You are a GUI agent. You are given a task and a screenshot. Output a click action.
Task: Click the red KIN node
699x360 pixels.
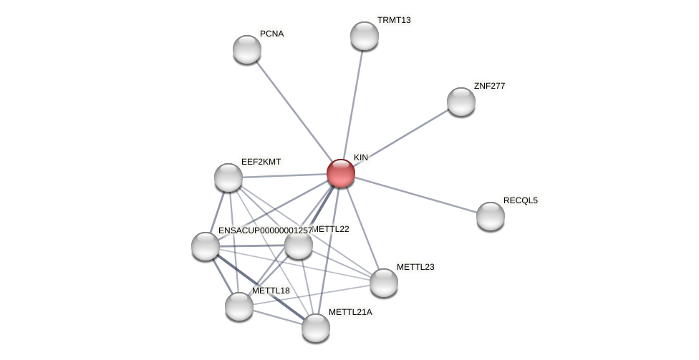(341, 173)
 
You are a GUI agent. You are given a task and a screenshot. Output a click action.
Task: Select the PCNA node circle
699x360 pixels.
(247, 49)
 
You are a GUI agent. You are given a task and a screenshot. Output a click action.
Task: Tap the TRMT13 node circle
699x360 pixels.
(365, 36)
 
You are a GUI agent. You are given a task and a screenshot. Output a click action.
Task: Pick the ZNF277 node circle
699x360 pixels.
(461, 102)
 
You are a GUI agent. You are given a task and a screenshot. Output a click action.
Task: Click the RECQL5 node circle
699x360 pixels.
(491, 216)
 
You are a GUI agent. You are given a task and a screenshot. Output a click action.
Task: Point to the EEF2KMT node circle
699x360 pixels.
(228, 177)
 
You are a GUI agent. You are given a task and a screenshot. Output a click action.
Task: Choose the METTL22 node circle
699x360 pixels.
(299, 245)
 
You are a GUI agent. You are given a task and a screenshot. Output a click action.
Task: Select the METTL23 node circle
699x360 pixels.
(384, 283)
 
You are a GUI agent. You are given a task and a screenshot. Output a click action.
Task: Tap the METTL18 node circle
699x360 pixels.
(239, 306)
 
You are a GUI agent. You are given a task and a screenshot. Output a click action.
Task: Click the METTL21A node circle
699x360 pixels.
(316, 328)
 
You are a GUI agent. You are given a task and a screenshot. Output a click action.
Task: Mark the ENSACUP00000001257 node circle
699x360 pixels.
(206, 246)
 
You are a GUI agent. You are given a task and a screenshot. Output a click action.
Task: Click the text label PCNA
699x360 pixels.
(271, 34)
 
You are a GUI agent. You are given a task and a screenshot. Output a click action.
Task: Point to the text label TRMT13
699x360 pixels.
(394, 20)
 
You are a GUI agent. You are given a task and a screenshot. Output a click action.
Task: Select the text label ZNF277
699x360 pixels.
(489, 86)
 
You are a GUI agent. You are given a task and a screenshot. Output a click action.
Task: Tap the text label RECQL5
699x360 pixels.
(520, 200)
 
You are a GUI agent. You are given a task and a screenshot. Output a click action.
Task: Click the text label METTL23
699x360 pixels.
(415, 267)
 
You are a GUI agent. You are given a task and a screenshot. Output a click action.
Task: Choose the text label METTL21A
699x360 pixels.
(350, 312)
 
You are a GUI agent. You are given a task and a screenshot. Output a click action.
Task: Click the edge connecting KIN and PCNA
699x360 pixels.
(294, 111)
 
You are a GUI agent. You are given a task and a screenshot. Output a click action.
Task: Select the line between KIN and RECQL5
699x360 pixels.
(415, 195)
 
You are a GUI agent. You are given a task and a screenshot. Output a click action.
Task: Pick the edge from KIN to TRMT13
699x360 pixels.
(352, 104)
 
